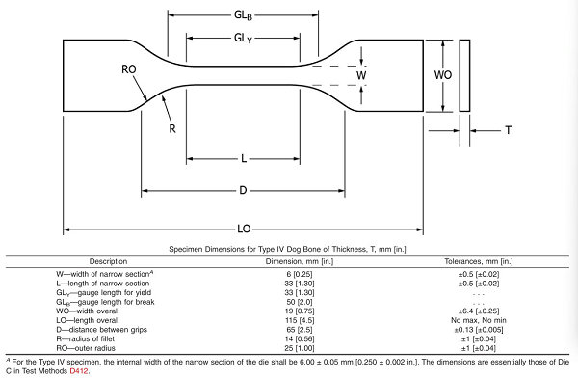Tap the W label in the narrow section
362,74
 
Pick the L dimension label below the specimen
244,158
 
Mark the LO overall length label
244,229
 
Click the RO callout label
128,69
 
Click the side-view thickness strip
465,74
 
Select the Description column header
108,261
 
